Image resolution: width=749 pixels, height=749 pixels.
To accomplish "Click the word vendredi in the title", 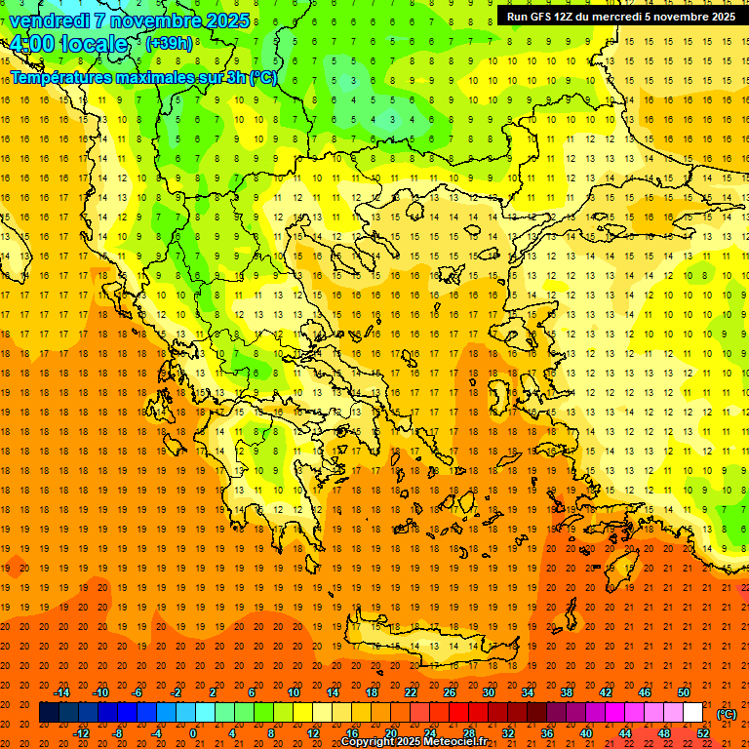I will (x=50, y=20).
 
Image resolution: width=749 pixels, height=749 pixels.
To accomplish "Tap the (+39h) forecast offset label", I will (x=168, y=43).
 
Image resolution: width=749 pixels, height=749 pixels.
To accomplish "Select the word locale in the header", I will (x=93, y=44).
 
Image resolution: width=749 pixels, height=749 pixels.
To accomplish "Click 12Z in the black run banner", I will (x=565, y=17).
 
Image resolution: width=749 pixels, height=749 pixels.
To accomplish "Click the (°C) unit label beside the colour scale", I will (x=726, y=714).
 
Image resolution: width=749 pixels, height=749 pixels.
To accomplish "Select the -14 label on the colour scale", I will (x=63, y=691).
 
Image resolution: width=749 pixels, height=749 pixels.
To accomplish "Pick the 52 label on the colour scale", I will (x=702, y=732).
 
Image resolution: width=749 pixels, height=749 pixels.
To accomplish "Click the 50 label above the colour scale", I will (x=683, y=691).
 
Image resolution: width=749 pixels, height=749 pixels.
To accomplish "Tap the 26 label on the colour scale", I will (x=450, y=691).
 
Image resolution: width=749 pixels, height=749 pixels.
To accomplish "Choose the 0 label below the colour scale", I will (x=193, y=732).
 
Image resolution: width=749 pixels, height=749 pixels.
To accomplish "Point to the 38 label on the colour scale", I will (x=567, y=691).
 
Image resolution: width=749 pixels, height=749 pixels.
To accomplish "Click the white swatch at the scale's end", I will (x=692, y=712).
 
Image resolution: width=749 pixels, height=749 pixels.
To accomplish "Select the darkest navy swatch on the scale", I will (x=49, y=712).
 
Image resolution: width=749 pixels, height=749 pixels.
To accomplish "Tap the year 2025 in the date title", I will (x=226, y=20).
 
